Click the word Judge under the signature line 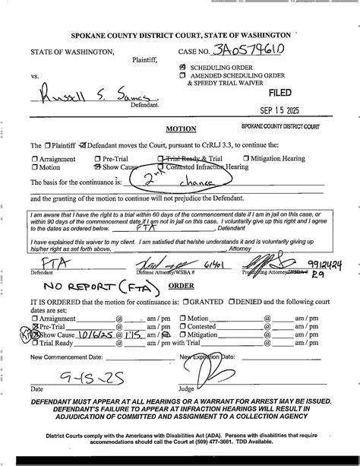click(186, 389)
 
